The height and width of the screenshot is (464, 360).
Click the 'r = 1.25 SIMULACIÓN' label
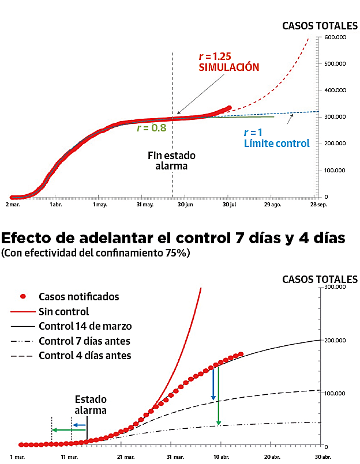click(x=228, y=62)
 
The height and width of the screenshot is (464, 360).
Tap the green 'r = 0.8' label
click(x=151, y=128)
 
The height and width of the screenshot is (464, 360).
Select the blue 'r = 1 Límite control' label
click(x=276, y=138)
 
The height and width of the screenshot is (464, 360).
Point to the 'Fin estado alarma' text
click(x=171, y=161)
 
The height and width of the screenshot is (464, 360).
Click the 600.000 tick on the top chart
click(x=335, y=37)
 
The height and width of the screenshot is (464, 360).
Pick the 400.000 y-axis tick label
click(x=335, y=90)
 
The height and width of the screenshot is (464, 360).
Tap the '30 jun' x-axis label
click(x=185, y=204)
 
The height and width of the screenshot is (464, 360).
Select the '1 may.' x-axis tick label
click(x=100, y=204)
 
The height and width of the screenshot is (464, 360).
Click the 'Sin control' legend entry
click(x=63, y=312)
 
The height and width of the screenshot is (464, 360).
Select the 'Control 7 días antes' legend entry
click(x=84, y=341)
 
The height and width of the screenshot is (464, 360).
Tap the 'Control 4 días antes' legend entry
click(x=84, y=356)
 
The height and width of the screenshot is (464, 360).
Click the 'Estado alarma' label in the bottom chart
click(x=91, y=405)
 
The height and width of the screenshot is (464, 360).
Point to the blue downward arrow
click(x=213, y=383)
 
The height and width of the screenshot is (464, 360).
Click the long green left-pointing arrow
click(x=68, y=429)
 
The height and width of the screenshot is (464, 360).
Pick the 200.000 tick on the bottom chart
click(x=335, y=340)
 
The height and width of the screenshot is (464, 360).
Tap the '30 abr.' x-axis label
click(x=322, y=457)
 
